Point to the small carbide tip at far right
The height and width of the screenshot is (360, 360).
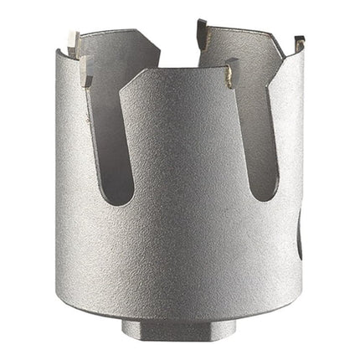click(297, 42)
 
